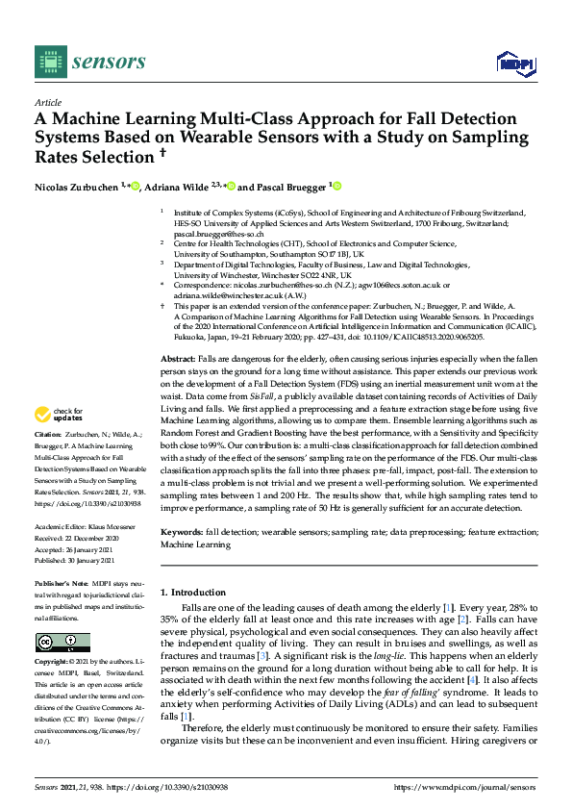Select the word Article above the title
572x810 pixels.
pos(47,102)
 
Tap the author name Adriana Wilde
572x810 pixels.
pos(191,186)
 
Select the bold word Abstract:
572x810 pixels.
pos(179,357)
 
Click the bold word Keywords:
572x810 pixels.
pos(181,532)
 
